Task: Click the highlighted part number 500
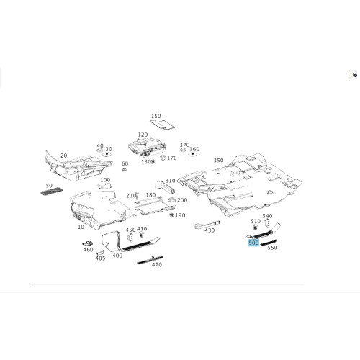pos(253,243)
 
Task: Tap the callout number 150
pos(156,116)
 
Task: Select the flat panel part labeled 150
pos(162,125)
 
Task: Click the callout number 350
pos(218,160)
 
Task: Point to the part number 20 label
pos(63,156)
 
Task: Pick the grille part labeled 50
pos(52,192)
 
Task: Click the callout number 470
pos(157,264)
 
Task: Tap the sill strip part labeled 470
pos(150,260)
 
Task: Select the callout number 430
pos(210,230)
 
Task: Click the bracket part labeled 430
pos(207,225)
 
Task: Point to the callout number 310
pos(170,181)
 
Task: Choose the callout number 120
pos(143,135)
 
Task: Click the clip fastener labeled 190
pos(171,215)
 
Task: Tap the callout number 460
pos(88,250)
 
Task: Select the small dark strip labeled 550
pos(269,243)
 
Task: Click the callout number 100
pos(105,180)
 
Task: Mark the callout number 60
pos(125,163)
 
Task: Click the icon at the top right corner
pos(354,73)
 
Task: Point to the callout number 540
pos(267,216)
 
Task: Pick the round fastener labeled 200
pos(171,200)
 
